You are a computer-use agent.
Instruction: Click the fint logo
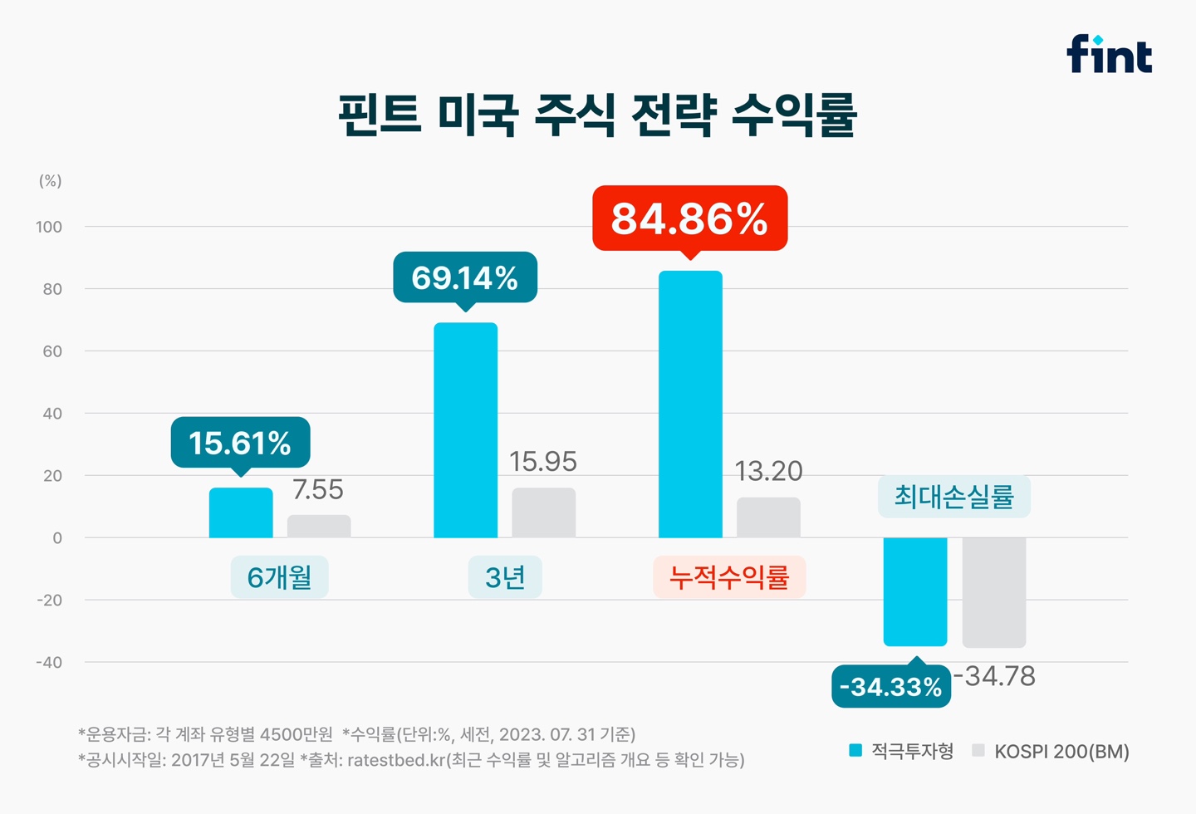1109,54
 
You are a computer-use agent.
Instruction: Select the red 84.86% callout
689,218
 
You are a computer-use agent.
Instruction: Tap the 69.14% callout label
465,277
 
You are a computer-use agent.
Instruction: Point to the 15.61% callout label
240,443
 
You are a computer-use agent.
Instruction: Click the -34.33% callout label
890,687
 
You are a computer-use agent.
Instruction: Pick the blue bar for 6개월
241,513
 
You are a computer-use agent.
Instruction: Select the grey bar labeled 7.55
319,527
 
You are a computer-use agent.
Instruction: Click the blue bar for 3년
465,430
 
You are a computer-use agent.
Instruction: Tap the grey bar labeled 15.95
543,512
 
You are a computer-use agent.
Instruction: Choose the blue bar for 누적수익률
690,405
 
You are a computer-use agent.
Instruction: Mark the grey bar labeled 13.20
768,517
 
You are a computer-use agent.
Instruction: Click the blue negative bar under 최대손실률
915,591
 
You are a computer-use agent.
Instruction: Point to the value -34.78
995,676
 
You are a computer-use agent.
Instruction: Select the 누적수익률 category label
729,576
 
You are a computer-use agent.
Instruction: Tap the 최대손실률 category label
954,497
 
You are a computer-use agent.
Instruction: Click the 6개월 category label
279,576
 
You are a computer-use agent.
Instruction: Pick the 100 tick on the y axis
49,227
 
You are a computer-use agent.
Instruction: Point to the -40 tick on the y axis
49,662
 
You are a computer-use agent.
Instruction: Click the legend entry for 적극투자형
902,751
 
